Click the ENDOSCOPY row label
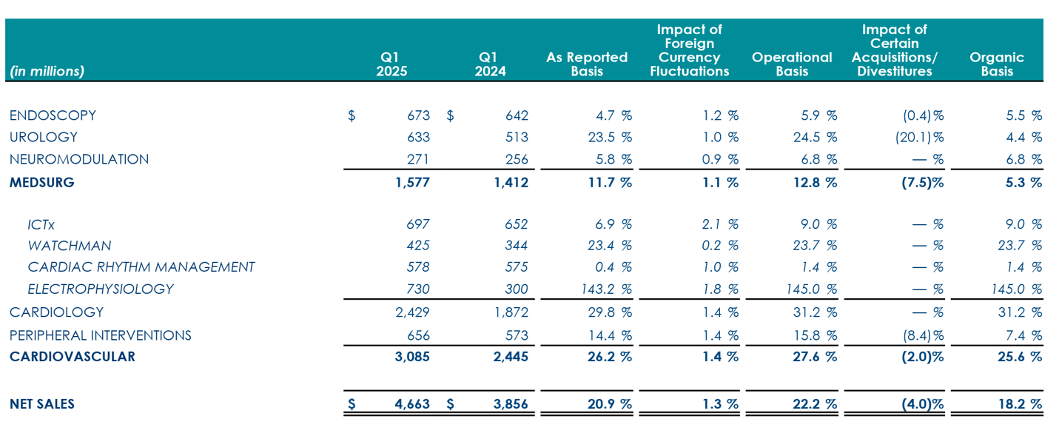tap(53, 115)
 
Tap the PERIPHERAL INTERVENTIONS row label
tap(100, 335)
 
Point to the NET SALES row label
tap(42, 404)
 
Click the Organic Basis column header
tap(996, 64)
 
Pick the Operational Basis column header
tap(791, 64)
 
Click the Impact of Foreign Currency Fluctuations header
tap(689, 50)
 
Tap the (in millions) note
tap(47, 71)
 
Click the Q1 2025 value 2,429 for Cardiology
tap(412, 312)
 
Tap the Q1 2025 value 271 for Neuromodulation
tap(417, 159)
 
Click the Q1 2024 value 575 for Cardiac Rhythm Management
tap(516, 266)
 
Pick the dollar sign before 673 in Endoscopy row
tap(352, 115)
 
